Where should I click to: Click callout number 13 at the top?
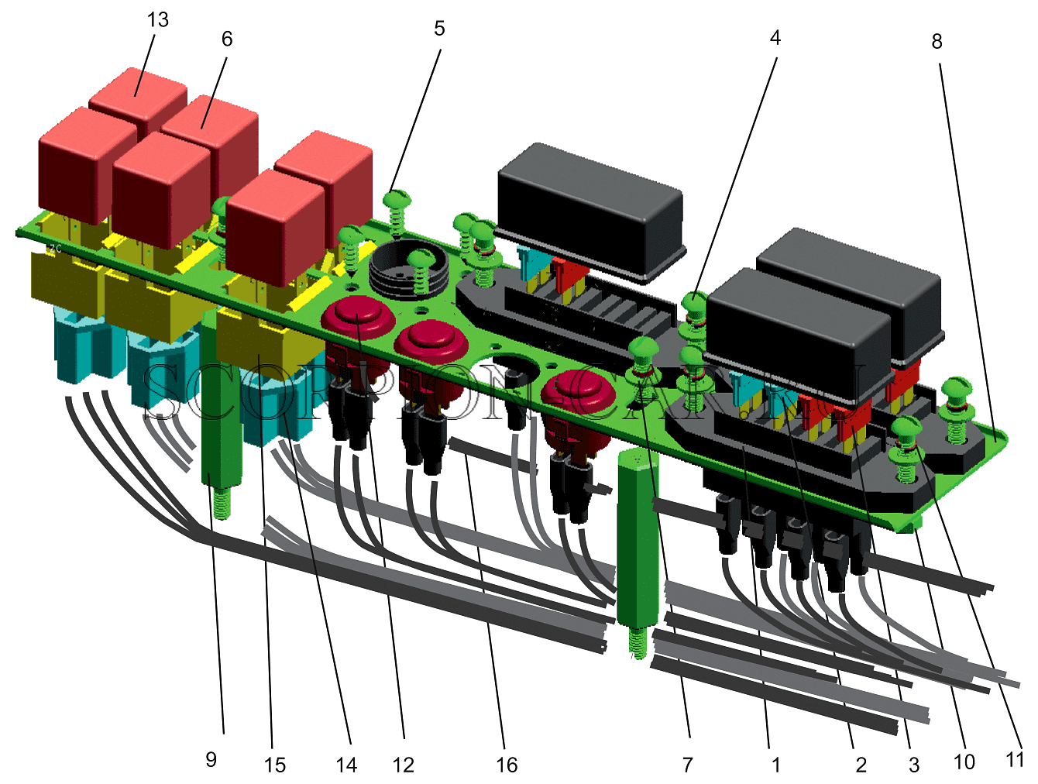tap(157, 20)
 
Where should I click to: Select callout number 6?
tap(227, 40)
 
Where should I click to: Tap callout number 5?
tap(439, 29)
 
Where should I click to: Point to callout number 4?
tap(775, 38)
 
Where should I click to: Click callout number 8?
tap(937, 42)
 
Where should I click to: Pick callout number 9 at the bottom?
tap(211, 759)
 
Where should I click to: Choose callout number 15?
tap(275, 765)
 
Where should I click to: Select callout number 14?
tap(346, 765)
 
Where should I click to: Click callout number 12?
tap(403, 765)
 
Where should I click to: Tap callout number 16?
tap(507, 765)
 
